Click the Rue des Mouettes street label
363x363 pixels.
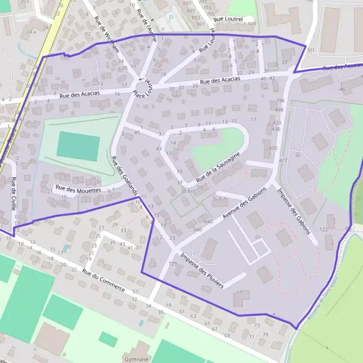pos(78,189)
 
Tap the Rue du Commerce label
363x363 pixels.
pos(103,281)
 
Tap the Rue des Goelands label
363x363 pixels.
pos(125,175)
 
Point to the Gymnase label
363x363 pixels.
pos(136,358)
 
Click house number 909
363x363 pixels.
pos(252,24)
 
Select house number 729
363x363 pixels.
pos(173,264)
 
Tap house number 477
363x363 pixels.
pos(283,160)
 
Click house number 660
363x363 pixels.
pos(197,230)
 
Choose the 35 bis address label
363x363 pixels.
pos(188,191)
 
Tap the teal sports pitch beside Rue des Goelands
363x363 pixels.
pos(78,147)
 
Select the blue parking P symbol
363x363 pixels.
pos(171,19)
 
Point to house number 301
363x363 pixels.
pos(311,51)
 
